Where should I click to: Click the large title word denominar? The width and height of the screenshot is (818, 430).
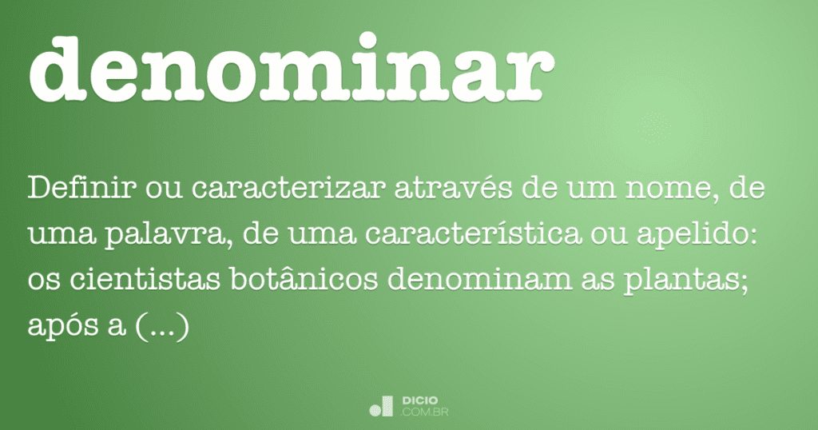[291, 67]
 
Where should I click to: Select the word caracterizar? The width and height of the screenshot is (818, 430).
[288, 188]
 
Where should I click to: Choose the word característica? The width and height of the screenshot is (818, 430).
[473, 233]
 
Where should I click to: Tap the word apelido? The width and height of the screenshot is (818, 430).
[697, 234]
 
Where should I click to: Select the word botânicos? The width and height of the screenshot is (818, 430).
[304, 279]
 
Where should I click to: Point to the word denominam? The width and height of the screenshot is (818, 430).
[480, 279]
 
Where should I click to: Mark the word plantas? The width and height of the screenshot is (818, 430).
[687, 281]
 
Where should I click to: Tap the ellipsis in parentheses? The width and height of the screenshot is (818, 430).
[163, 327]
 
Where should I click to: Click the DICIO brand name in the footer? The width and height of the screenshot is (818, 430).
[420, 400]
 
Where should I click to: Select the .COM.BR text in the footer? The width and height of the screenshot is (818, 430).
[424, 412]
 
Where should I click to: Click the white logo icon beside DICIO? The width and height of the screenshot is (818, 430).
[381, 407]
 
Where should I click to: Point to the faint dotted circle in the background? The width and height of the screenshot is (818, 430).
[653, 127]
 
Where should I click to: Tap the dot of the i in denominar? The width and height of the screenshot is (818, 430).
[369, 41]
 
